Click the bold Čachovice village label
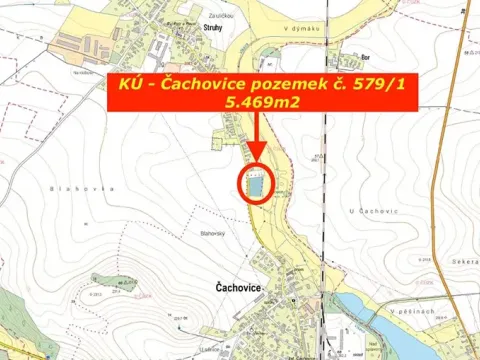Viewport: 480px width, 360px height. pyautogui.click(x=238, y=288)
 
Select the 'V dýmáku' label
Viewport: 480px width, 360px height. pyautogui.click(x=300, y=30)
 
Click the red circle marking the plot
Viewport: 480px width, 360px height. pyautogui.click(x=256, y=184)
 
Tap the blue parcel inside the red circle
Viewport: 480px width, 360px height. pyautogui.click(x=256, y=185)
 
